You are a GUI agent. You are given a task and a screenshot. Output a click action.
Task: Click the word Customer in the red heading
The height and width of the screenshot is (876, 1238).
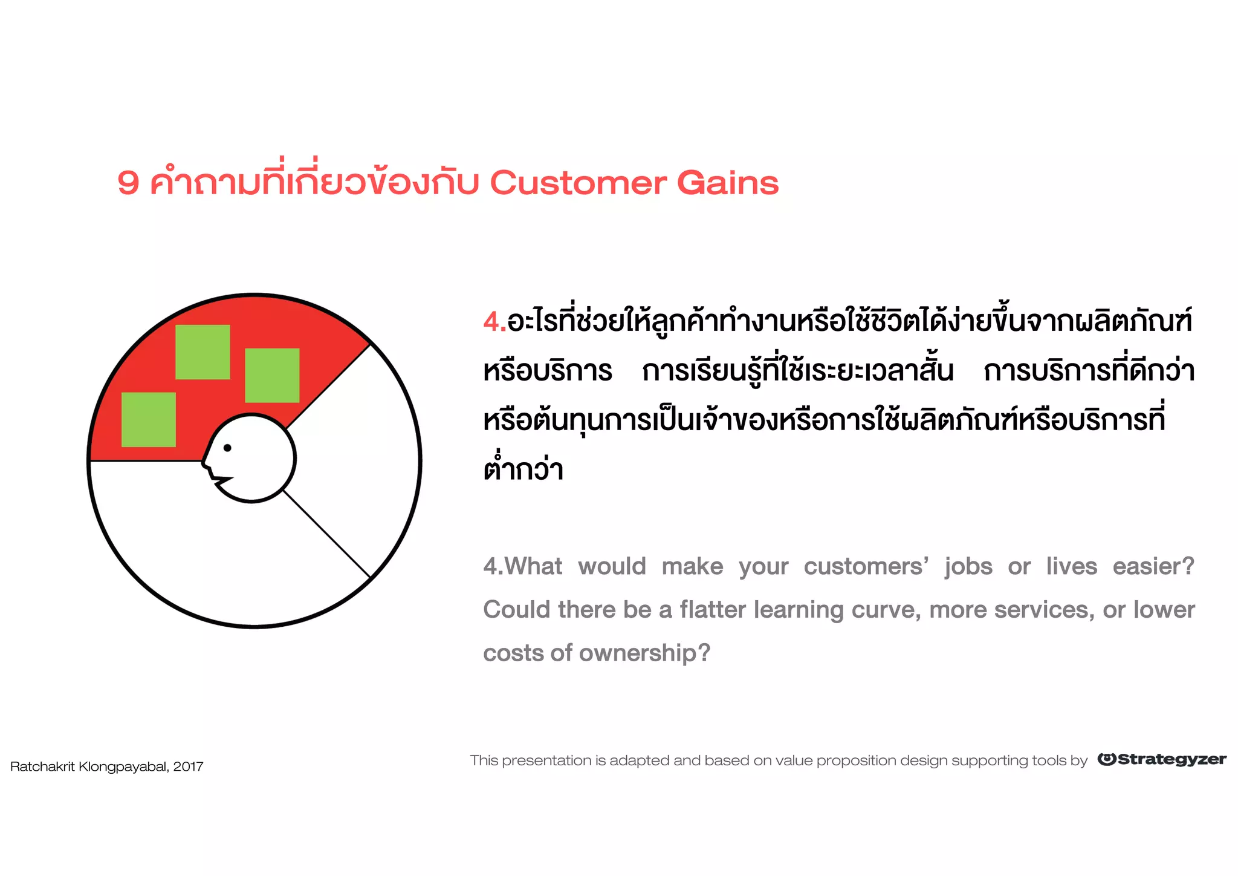[578, 183]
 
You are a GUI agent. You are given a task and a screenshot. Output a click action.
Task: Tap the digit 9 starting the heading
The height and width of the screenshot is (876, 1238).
[128, 183]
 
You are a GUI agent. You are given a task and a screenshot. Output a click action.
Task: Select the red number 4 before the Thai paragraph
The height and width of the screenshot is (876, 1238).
[491, 321]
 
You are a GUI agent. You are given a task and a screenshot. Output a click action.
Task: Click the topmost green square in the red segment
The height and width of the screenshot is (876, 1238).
[203, 352]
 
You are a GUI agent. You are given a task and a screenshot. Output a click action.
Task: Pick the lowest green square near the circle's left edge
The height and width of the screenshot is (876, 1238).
[149, 419]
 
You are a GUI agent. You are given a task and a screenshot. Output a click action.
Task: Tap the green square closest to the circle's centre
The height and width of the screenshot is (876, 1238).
[272, 375]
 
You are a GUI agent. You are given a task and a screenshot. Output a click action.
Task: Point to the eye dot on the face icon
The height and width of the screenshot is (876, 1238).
[227, 448]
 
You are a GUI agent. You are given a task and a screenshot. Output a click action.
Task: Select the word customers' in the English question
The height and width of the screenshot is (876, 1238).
[866, 567]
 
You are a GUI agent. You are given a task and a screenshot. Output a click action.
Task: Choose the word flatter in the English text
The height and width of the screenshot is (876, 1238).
[713, 610]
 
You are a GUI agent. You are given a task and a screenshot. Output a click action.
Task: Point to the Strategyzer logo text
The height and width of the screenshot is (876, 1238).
[1172, 760]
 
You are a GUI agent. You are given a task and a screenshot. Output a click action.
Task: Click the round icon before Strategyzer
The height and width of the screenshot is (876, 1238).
[1107, 759]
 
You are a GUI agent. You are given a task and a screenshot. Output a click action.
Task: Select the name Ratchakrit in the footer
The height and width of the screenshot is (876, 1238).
[42, 767]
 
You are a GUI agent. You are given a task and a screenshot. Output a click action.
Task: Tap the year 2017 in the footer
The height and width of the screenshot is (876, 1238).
[188, 767]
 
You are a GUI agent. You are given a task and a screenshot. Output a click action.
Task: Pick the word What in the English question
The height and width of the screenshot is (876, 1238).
[534, 567]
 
